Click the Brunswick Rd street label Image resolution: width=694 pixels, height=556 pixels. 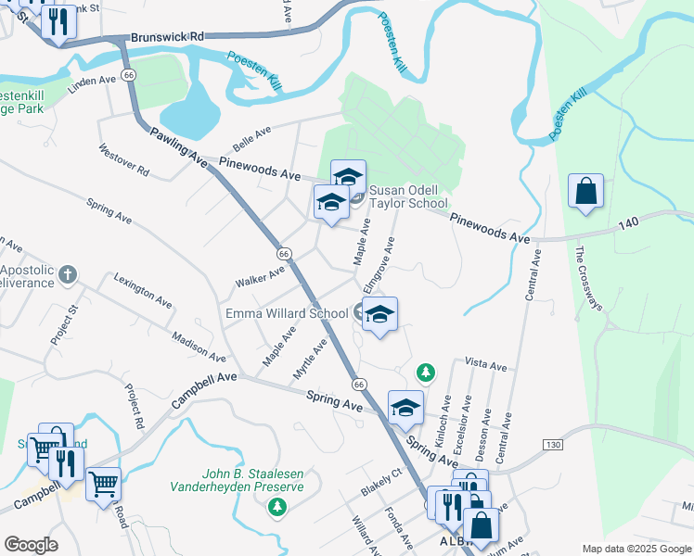coord(167,37)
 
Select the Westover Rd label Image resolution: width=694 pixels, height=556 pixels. coord(122,159)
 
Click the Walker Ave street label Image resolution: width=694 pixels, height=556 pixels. coord(260,276)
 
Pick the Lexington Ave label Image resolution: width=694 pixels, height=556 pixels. coord(143,290)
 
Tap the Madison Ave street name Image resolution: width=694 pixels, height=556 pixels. coord(199,346)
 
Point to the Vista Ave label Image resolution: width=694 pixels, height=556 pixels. coord(485,366)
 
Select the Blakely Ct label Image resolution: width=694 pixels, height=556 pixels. coord(380,483)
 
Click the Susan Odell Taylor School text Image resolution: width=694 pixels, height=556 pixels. coord(408,197)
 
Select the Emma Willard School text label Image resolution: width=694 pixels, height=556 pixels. coord(287,313)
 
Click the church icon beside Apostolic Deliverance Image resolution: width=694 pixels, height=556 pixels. coord(67,274)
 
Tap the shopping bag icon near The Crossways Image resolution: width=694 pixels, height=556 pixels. coord(586,192)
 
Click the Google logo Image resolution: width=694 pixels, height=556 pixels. coord(31,545)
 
